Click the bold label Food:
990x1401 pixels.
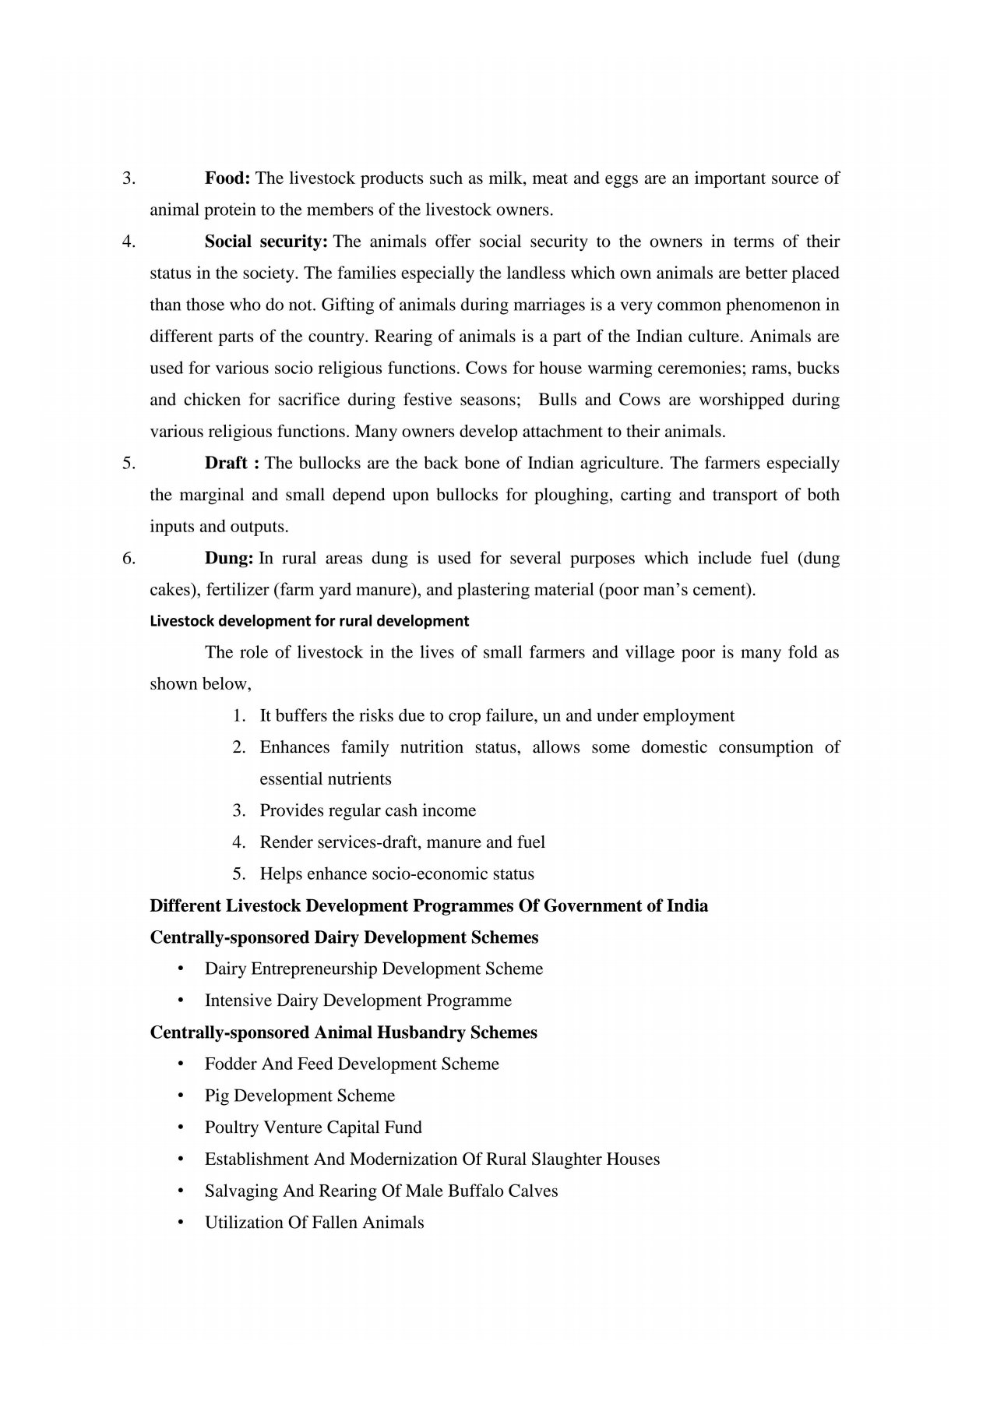227,178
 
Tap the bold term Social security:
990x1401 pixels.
266,242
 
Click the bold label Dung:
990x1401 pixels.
229,558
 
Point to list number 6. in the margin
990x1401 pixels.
129,558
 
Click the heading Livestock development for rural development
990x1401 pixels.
309,622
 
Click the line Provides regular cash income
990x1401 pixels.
368,810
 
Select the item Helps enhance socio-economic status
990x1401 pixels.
396,873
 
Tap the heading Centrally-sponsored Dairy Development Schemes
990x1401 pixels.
344,937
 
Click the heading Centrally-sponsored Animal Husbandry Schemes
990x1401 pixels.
344,1032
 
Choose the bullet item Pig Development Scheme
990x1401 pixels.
300,1096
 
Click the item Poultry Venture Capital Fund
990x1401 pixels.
313,1128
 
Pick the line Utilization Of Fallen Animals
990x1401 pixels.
314,1223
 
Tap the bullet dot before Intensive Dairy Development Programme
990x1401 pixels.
181,1000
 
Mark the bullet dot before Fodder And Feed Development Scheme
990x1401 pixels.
181,1064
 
